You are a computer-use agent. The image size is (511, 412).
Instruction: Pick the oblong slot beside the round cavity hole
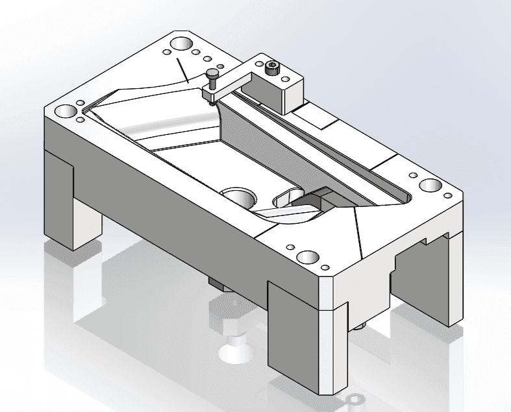[x=286, y=199]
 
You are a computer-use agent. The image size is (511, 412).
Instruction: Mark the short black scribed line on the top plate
[x=182, y=71]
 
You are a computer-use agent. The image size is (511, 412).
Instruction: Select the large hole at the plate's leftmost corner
[x=66, y=110]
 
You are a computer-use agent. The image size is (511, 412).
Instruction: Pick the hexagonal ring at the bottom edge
[x=355, y=400]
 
